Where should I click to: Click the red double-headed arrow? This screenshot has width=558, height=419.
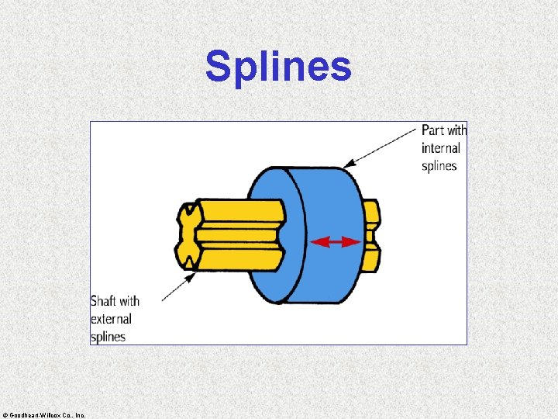(336, 242)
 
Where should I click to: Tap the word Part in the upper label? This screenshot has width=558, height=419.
(433, 130)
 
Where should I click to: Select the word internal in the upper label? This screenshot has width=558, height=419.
(441, 148)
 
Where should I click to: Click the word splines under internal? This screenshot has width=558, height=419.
(439, 166)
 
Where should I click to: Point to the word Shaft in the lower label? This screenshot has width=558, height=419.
(104, 301)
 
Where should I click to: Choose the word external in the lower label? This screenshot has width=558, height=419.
(111, 319)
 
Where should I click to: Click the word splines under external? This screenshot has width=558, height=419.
(108, 337)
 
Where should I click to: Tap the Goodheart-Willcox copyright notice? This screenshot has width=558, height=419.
(45, 415)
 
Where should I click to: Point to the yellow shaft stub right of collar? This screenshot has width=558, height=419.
(372, 236)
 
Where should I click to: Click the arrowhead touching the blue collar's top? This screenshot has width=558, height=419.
(347, 164)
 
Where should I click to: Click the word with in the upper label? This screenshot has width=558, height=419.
(457, 130)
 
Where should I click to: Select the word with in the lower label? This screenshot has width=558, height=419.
(130, 301)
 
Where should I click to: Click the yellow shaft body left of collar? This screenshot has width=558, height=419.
(236, 233)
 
